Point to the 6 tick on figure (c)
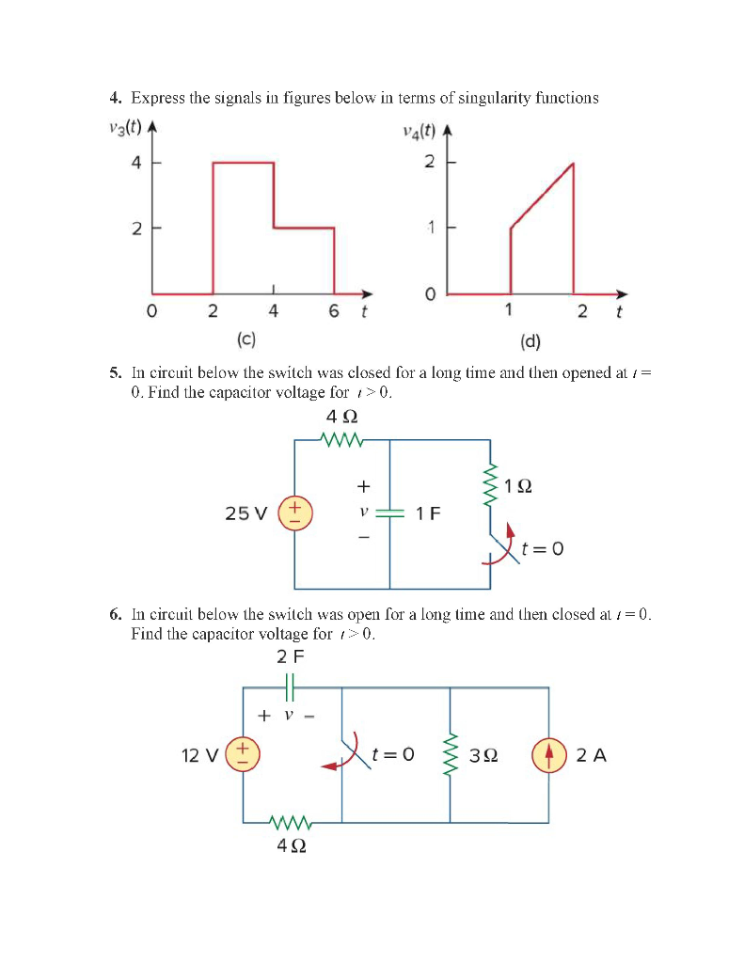pos(334,311)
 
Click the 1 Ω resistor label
pos(518,487)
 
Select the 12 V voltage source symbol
pos(243,754)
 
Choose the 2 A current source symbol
pos(548,755)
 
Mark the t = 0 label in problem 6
pos(392,754)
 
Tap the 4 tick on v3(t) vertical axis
pos(136,163)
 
